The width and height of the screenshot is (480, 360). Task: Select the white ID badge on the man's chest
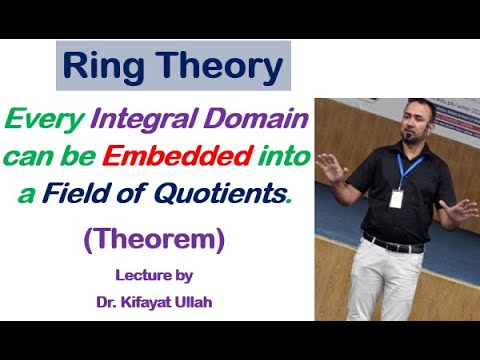[x=396, y=198]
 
